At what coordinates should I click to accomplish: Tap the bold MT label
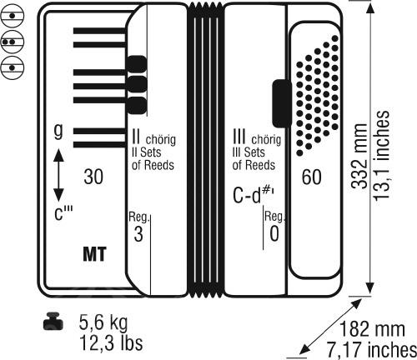coord(94,254)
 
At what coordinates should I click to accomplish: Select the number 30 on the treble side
coord(93,177)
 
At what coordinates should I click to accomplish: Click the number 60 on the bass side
coord(311,177)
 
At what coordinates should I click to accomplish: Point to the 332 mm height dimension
coord(359,156)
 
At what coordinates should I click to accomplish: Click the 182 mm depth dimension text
coord(372,329)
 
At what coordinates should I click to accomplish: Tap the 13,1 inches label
coord(381,156)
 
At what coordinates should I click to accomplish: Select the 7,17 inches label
coord(372,350)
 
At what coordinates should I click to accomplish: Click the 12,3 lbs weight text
coord(111,342)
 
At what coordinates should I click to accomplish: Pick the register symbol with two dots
coord(12,42)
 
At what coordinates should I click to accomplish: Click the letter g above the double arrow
coord(58,131)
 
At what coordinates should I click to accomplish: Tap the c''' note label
coord(63,213)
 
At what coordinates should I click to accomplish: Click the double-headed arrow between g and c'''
coord(58,175)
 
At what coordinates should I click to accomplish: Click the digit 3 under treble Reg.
coord(138,234)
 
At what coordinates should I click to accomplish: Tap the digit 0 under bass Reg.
coord(274,234)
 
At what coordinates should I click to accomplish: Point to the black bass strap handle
coord(281,103)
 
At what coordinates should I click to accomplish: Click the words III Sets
coord(249,152)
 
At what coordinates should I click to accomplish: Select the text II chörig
coord(153,137)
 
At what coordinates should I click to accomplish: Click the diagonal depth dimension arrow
coord(331,327)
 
